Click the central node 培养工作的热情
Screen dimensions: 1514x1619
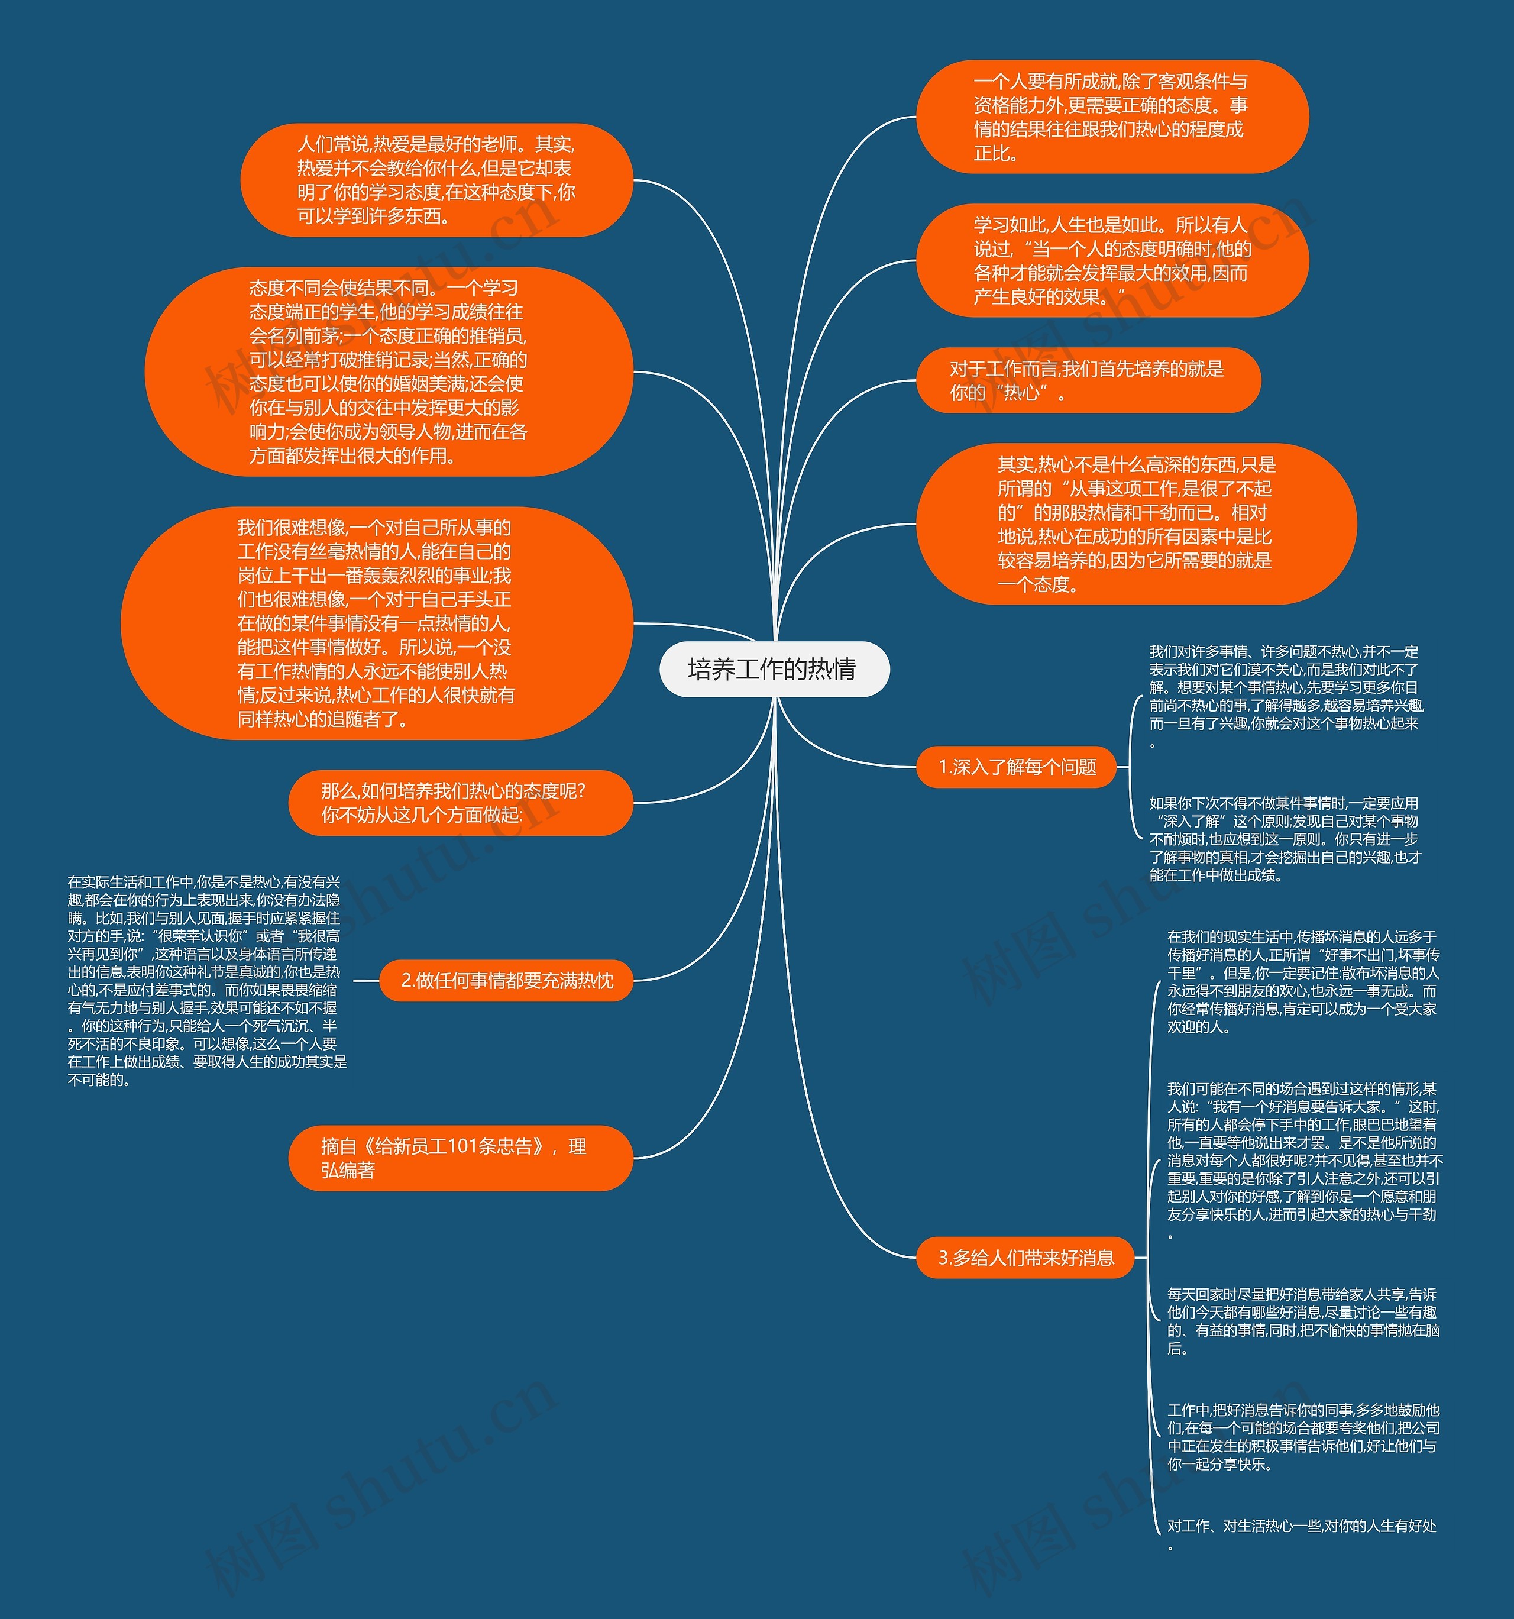774,670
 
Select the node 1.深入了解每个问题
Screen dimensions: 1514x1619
1017,767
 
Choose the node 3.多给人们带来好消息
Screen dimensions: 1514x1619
1026,1258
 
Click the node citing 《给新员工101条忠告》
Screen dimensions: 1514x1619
460,1158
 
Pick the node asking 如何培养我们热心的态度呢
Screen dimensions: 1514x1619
460,803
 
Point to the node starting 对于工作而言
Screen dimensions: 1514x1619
1088,381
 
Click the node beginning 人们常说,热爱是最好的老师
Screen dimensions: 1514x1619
436,180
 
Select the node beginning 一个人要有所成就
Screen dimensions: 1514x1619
1112,117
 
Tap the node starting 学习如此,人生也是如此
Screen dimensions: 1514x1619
1112,261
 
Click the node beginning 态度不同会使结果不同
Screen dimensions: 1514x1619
389,371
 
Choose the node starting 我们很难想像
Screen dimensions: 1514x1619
376,624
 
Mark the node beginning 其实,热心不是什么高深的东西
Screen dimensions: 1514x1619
1136,525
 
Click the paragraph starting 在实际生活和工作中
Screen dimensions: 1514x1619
205,981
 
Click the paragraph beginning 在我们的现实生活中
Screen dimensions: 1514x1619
1302,981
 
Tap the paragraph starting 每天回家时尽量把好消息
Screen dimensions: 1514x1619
1302,1321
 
